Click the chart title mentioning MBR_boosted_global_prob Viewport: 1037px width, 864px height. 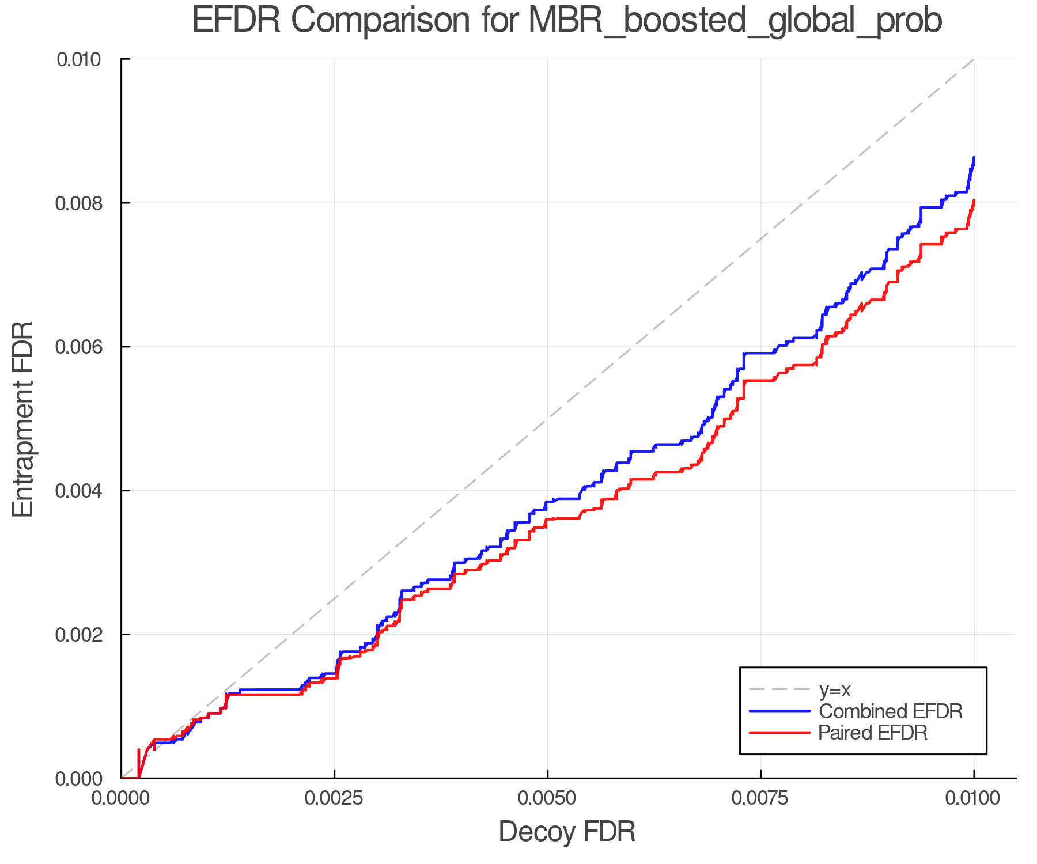pyautogui.click(x=567, y=21)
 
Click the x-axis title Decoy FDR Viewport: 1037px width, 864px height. pyautogui.click(x=567, y=832)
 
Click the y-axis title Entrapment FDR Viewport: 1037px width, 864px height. pyautogui.click(x=23, y=419)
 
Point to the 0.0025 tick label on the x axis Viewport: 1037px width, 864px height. pyautogui.click(x=334, y=798)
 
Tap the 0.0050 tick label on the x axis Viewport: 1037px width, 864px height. pyautogui.click(x=547, y=798)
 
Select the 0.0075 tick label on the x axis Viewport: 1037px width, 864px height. pyautogui.click(x=760, y=798)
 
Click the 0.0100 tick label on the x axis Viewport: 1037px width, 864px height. pyautogui.click(x=974, y=798)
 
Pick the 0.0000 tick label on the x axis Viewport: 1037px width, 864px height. pyautogui.click(x=121, y=798)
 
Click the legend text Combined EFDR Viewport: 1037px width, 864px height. pyautogui.click(x=891, y=711)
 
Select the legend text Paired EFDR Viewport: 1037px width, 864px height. pyautogui.click(x=873, y=733)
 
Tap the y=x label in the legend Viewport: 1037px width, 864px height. pyautogui.click(x=835, y=689)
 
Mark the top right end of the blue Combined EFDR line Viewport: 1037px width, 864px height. pyautogui.click(x=974, y=157)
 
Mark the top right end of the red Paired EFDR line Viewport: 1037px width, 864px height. pyautogui.click(x=974, y=200)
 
